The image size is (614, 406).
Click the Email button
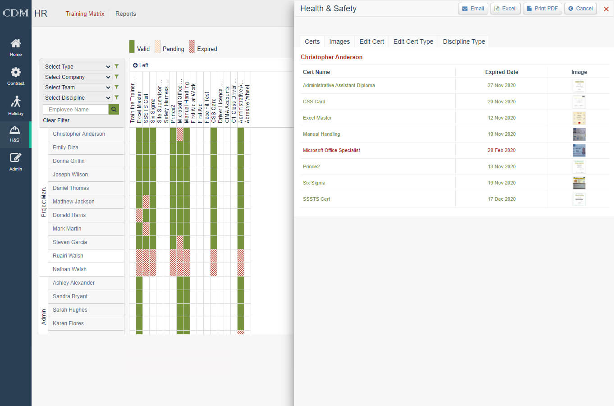pyautogui.click(x=473, y=9)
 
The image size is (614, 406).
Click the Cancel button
pyautogui.click(x=580, y=9)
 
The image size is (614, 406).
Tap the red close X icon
pyautogui.click(x=606, y=9)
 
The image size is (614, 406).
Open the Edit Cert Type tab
pyautogui.click(x=413, y=42)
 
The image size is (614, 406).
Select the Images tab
pyautogui.click(x=339, y=42)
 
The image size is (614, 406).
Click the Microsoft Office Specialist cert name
pyautogui.click(x=331, y=150)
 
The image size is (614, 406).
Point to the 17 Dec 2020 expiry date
pyautogui.click(x=501, y=199)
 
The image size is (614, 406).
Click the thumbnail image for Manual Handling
pyautogui.click(x=579, y=134)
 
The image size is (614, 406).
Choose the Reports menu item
pyautogui.click(x=125, y=14)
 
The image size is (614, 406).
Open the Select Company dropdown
pyautogui.click(x=77, y=77)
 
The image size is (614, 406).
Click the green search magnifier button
pyautogui.click(x=114, y=110)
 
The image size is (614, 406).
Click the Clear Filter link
pyautogui.click(x=56, y=120)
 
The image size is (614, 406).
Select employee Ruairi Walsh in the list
pyautogui.click(x=68, y=256)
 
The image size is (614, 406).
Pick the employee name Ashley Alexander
pyautogui.click(x=73, y=283)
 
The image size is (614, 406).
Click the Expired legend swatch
pyautogui.click(x=192, y=46)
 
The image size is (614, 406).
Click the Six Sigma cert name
pyautogui.click(x=314, y=183)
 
